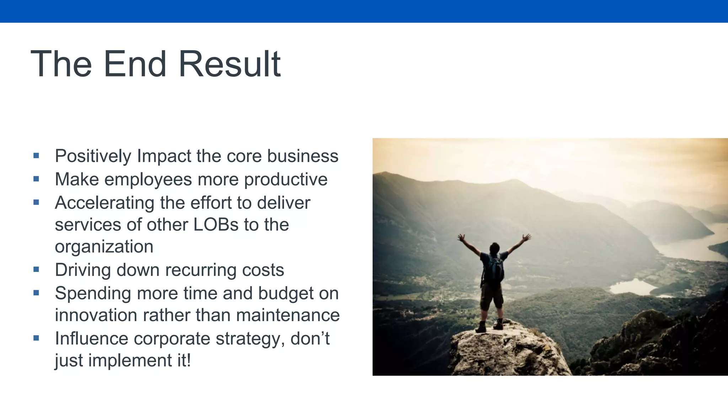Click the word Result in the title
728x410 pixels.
click(x=229, y=64)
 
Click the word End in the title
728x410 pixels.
click(x=135, y=64)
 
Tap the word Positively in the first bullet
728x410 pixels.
click(x=93, y=156)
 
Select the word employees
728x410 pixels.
click(x=148, y=179)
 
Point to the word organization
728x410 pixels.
click(x=104, y=247)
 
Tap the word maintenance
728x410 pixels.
click(x=288, y=315)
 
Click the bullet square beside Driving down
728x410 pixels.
click(x=36, y=270)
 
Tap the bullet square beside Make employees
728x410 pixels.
click(x=36, y=179)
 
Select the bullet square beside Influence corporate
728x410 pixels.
click(x=36, y=338)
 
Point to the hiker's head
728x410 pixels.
click(x=494, y=247)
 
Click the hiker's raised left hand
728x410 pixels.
click(x=461, y=237)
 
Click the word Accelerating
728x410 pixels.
click(x=104, y=203)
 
